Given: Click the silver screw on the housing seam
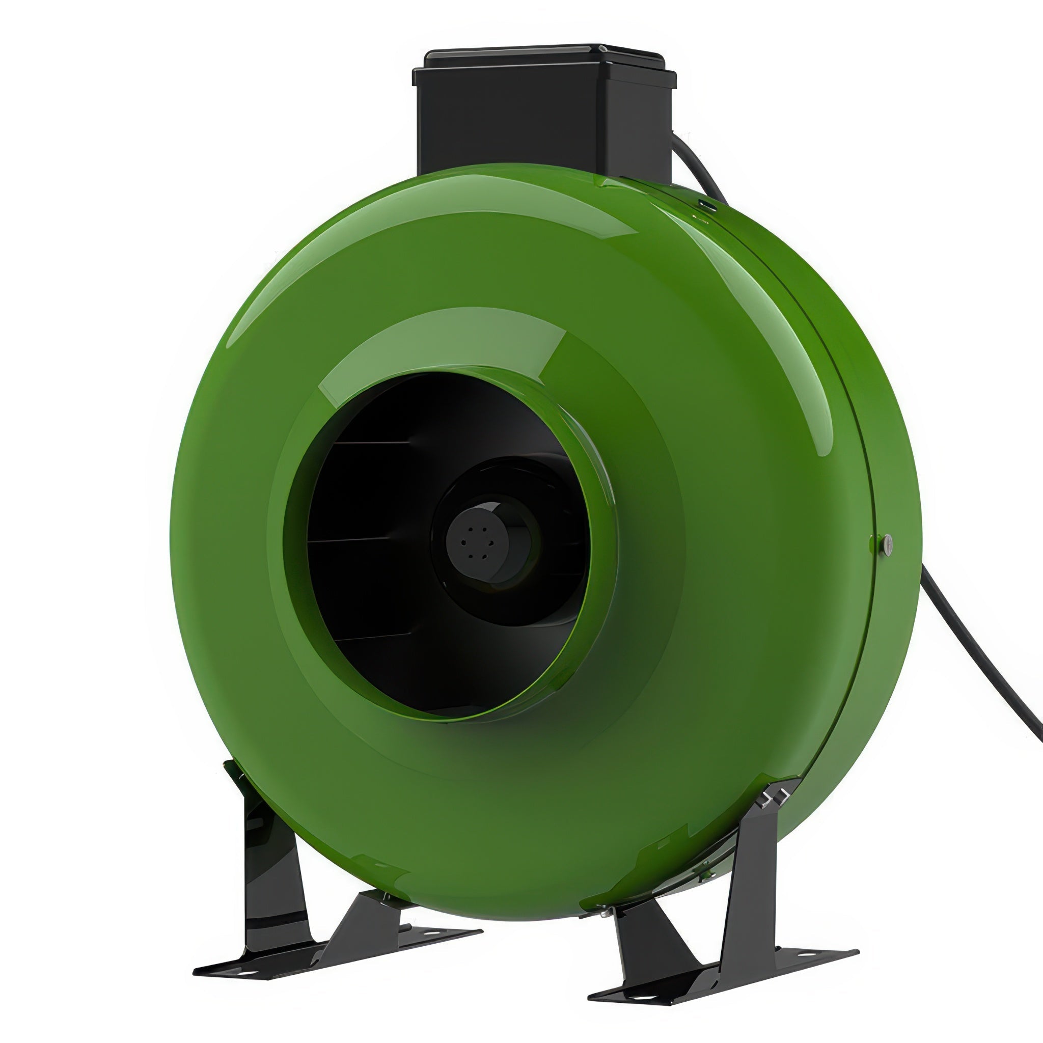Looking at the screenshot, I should coord(887,542).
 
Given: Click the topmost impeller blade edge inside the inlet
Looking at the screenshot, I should coord(372,443).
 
